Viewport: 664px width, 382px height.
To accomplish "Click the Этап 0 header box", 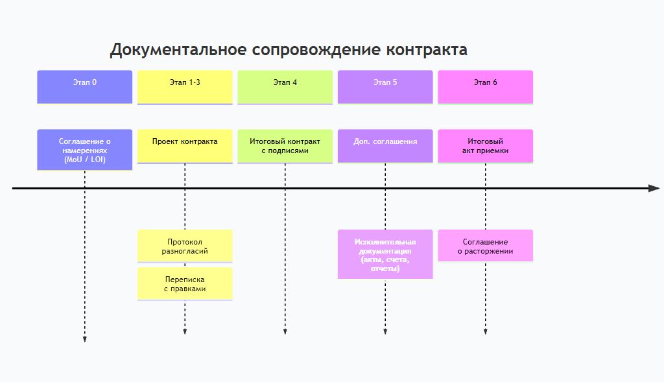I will [x=84, y=87].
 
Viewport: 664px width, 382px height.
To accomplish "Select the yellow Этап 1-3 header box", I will [x=185, y=87].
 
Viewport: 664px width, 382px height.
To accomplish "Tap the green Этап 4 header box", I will [x=285, y=87].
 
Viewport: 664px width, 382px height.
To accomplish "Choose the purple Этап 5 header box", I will [x=385, y=87].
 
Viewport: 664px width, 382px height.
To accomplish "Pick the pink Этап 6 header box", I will [x=486, y=87].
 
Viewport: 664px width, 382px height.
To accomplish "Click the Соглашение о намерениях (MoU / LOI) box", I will [x=84, y=150].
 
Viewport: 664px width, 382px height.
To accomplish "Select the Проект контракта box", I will [x=185, y=146].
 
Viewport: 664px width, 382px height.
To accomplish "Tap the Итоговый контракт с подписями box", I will [x=285, y=146].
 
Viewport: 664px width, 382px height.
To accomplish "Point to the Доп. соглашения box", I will [x=385, y=146].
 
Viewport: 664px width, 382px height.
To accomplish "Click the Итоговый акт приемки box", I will [x=486, y=146].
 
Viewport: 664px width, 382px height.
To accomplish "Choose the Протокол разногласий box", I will [x=185, y=246].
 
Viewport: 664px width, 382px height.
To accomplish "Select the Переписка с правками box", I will [x=185, y=284].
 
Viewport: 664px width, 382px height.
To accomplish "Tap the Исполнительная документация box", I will [x=385, y=254].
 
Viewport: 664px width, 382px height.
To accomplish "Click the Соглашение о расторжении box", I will [x=486, y=246].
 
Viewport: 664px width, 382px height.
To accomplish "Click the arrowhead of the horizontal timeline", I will [x=654, y=188].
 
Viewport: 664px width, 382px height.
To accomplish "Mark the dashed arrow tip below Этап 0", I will [x=84, y=338].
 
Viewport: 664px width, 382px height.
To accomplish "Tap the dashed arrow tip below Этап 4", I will [x=285, y=332].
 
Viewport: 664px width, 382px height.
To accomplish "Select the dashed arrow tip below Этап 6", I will [x=486, y=332].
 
